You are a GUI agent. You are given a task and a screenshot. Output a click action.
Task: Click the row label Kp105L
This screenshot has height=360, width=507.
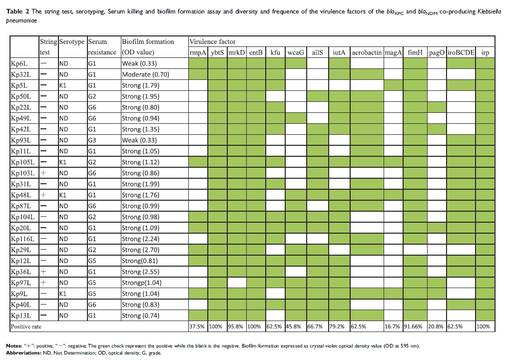pyautogui.click(x=23, y=162)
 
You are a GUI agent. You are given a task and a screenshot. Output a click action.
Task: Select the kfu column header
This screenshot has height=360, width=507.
pyautogui.click(x=275, y=52)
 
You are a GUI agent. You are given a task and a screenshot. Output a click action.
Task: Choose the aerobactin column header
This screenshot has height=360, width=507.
pyautogui.click(x=367, y=52)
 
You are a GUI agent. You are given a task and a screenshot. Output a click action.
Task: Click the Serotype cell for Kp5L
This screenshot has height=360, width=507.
pyautogui.click(x=63, y=85)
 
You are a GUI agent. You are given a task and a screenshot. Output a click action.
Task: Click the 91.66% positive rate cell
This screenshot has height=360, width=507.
pyautogui.click(x=415, y=327)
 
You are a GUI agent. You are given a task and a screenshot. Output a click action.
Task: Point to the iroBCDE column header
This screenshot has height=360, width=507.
pyautogui.click(x=461, y=52)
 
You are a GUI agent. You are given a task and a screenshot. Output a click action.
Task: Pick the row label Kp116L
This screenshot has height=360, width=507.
pyautogui.click(x=23, y=239)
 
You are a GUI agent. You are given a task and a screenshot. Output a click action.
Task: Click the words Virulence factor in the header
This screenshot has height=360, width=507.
pyautogui.click(x=212, y=41)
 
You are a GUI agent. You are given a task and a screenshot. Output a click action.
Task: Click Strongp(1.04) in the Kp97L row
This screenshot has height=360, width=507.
pyautogui.click(x=142, y=283)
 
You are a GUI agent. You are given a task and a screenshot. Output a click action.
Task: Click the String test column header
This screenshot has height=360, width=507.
pyautogui.click(x=48, y=47)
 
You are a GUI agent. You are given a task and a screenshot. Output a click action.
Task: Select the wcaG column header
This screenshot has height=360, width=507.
pyautogui.click(x=296, y=52)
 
